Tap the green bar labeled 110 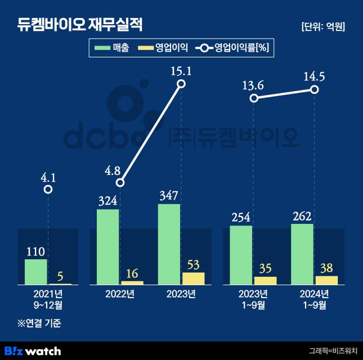(x=36, y=272)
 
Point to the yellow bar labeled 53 (x=193, y=278)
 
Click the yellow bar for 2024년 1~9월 (x=326, y=280)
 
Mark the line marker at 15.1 (x=181, y=84)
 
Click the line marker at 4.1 (x=48, y=190)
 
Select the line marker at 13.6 (x=254, y=98)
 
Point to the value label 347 (x=169, y=196)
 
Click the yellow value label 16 (x=133, y=273)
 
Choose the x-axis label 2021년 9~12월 (x=48, y=299)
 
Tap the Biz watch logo (x=33, y=350)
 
